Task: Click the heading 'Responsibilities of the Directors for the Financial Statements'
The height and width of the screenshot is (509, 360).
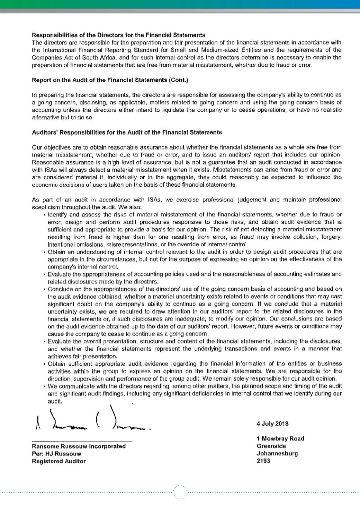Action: pos(118,35)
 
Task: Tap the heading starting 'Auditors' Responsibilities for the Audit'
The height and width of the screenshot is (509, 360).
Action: pos(127,132)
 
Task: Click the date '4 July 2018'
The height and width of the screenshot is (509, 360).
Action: pos(272,424)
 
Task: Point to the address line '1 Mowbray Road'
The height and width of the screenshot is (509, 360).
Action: pos(280,438)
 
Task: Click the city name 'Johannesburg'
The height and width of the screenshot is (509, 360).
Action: pos(277,453)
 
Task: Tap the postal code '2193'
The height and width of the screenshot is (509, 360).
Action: pos(263,461)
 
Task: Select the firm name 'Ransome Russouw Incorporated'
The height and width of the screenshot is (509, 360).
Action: pos(79,446)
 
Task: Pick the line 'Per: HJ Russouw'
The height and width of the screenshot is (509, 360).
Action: pos(56,454)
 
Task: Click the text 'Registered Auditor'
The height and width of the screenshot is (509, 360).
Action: pos(58,461)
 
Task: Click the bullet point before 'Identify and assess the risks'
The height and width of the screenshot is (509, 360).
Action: pos(45,215)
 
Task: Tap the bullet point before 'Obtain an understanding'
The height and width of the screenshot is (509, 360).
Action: pos(45,252)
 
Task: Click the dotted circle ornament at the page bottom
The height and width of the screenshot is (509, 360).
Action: pos(180,492)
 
